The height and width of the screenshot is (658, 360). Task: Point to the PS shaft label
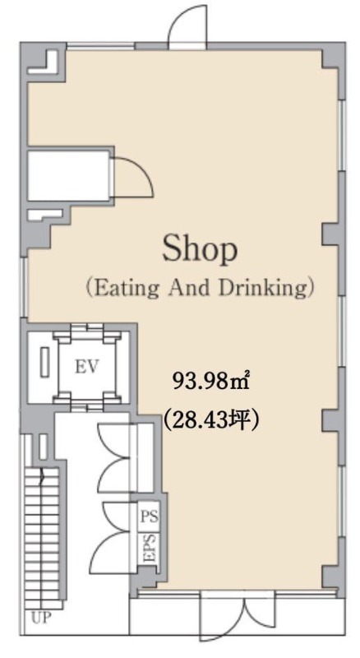(x=150, y=517)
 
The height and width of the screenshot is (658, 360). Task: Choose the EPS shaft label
(x=150, y=549)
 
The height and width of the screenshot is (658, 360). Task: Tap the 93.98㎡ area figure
(x=211, y=381)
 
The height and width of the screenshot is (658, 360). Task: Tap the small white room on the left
(x=69, y=175)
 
